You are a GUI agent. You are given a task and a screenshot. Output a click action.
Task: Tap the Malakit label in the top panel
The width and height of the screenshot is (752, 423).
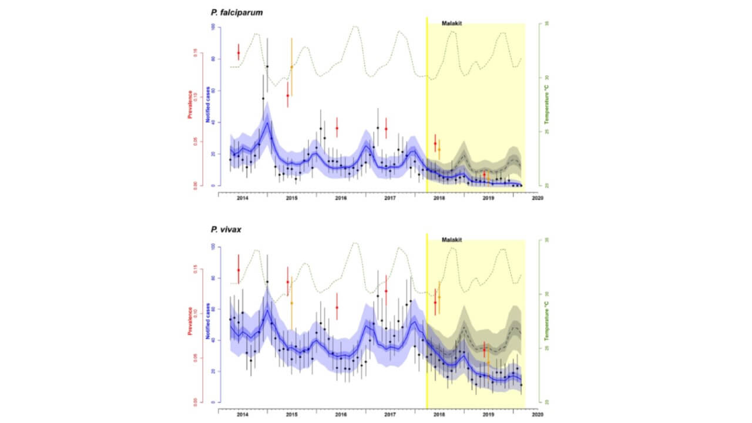452,23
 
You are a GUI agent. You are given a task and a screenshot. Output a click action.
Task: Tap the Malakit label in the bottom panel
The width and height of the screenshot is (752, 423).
452,240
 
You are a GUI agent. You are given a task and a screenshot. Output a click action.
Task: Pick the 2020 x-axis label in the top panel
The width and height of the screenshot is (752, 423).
537,198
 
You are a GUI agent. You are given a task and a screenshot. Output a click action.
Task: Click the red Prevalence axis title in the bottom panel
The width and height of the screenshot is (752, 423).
190,321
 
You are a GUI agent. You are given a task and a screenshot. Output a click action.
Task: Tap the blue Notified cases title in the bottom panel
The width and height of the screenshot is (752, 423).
207,321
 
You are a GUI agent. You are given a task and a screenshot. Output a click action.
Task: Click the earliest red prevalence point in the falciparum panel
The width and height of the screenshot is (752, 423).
238,53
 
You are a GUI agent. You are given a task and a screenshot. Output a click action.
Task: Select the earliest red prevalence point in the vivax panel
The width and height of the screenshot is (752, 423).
238,270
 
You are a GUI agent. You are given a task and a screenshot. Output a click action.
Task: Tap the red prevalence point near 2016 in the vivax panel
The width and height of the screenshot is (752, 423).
337,307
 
